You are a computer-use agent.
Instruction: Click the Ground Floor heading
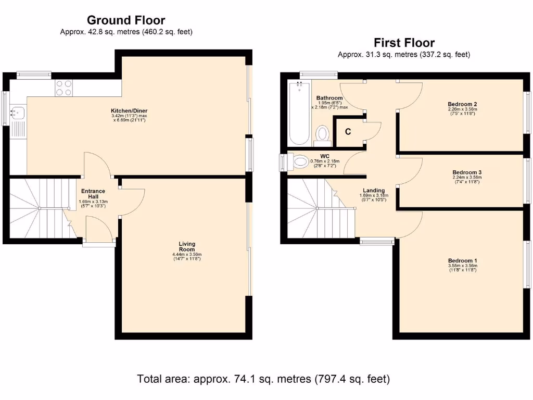click(x=126, y=20)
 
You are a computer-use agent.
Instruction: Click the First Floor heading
click(x=404, y=43)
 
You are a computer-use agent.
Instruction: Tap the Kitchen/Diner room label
click(x=129, y=111)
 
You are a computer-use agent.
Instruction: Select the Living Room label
click(x=187, y=246)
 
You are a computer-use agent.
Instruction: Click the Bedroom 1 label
click(x=462, y=260)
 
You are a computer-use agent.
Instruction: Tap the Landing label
click(x=374, y=191)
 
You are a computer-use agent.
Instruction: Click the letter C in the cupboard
click(x=348, y=132)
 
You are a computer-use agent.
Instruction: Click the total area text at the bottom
click(x=263, y=379)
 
